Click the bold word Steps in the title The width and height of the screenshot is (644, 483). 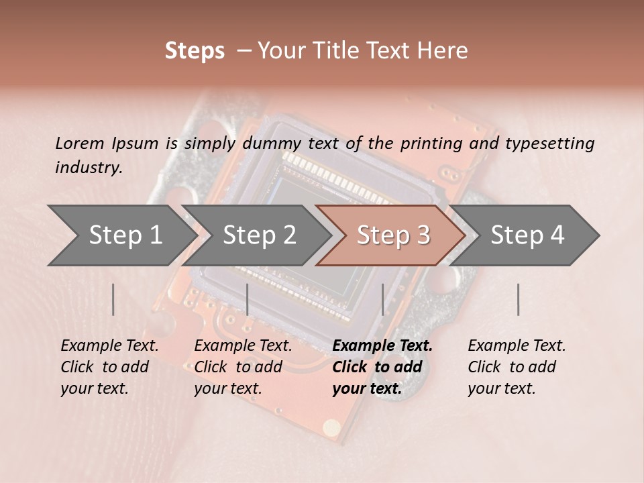[195, 51]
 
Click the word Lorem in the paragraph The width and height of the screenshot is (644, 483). [78, 143]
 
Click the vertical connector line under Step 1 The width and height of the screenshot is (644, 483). [113, 299]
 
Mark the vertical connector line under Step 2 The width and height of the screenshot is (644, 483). [248, 299]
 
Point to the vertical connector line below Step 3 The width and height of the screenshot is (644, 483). [382, 299]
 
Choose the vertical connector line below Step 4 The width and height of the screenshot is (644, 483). [518, 299]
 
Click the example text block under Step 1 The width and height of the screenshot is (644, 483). [109, 367]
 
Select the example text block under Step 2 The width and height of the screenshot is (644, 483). [243, 367]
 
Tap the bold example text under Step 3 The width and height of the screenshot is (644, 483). [382, 367]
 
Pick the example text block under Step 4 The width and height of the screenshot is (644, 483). [517, 367]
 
